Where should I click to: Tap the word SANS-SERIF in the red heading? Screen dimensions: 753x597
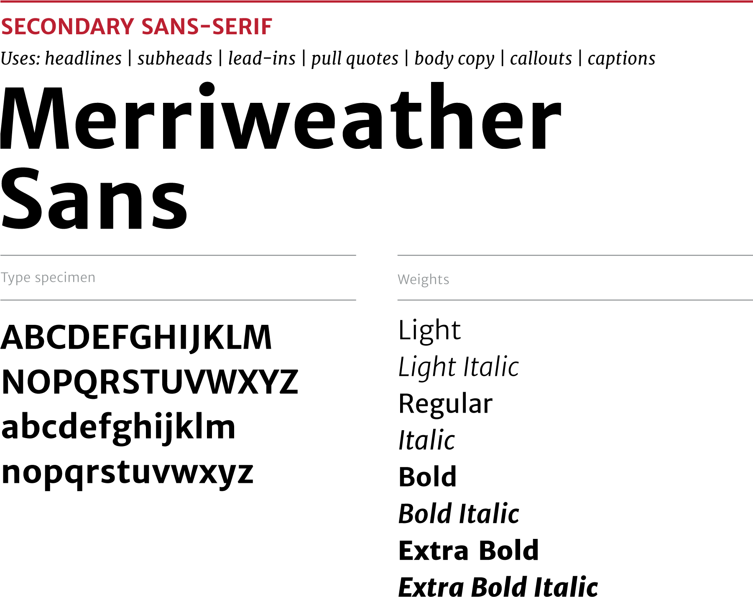(x=207, y=27)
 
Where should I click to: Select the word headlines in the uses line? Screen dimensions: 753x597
(x=83, y=58)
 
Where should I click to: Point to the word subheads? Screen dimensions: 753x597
(x=175, y=58)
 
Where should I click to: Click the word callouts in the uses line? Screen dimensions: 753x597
(x=541, y=58)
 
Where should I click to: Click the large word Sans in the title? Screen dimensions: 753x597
(x=94, y=199)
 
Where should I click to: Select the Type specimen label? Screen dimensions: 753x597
(x=48, y=278)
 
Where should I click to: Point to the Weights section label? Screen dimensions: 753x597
(x=424, y=280)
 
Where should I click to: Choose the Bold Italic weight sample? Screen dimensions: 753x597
(x=459, y=513)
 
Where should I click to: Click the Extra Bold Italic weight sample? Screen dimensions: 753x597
(x=498, y=586)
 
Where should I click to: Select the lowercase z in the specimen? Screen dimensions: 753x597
(x=243, y=473)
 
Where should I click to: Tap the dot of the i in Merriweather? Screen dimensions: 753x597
(x=207, y=89)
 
